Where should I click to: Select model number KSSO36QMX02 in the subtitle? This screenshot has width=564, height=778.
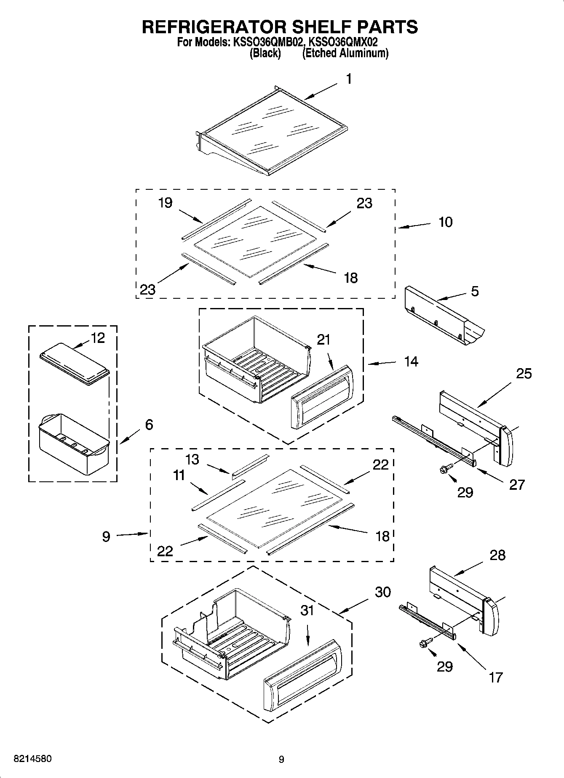343,42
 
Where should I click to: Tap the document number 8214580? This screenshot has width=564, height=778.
33,759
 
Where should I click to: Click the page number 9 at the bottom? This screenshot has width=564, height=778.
281,759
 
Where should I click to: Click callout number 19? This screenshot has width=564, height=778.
165,203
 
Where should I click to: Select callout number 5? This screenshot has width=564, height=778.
475,291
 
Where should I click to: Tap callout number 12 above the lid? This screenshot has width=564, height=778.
98,338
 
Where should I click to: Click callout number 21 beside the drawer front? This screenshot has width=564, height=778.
323,340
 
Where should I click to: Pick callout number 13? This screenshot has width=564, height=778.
192,459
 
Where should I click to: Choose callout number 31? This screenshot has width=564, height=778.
307,610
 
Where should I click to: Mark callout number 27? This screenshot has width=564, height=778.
517,484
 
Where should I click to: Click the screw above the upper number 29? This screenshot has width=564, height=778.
446,468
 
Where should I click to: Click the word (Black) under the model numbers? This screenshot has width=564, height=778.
265,53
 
